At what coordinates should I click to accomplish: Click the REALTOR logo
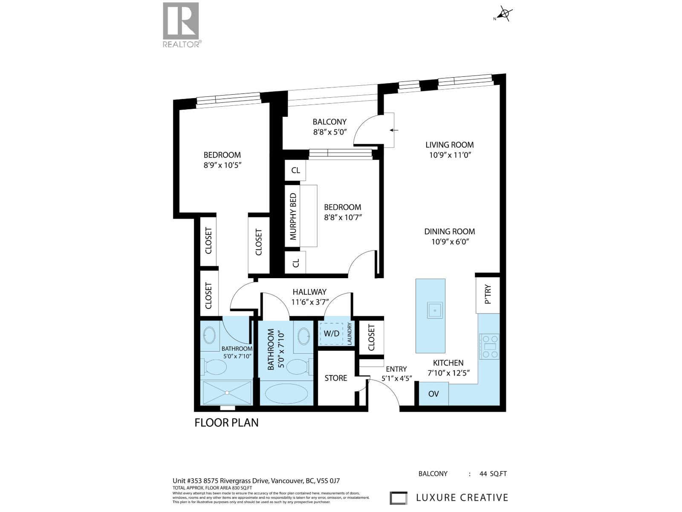(x=181, y=24)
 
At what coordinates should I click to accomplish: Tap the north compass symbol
(x=504, y=15)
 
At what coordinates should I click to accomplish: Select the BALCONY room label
(x=329, y=122)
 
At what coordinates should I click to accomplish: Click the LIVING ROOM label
(x=449, y=145)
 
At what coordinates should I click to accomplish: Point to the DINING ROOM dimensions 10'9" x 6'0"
(x=449, y=241)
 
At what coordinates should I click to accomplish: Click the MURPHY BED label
(x=293, y=216)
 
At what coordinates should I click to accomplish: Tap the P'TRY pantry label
(x=488, y=294)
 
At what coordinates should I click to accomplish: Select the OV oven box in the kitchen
(x=433, y=394)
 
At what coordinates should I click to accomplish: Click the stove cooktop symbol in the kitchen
(x=489, y=346)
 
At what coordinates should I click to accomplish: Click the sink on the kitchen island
(x=435, y=310)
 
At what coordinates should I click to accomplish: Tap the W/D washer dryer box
(x=331, y=333)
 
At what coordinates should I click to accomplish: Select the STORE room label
(x=336, y=378)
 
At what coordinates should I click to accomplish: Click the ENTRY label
(x=396, y=369)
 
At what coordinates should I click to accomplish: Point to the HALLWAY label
(x=309, y=292)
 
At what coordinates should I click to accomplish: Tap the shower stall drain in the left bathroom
(x=227, y=393)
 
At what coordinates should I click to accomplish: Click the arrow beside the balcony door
(x=394, y=130)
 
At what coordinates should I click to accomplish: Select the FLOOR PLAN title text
(x=226, y=422)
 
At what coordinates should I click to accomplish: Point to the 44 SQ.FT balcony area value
(x=493, y=474)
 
